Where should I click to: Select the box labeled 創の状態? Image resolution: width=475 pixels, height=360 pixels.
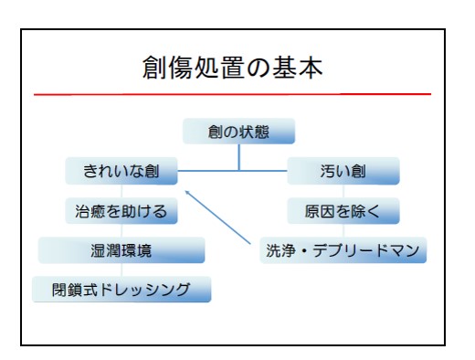pyautogui.click(x=238, y=132)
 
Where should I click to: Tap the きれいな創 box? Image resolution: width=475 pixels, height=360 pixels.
pyautogui.click(x=121, y=170)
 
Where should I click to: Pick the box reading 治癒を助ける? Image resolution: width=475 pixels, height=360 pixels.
pyautogui.click(x=121, y=211)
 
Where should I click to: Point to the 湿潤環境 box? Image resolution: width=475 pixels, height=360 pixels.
pyautogui.click(x=121, y=250)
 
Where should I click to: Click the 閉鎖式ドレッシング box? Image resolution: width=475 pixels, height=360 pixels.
pyautogui.click(x=121, y=290)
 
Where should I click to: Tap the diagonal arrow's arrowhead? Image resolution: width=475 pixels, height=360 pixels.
pyautogui.click(x=186, y=191)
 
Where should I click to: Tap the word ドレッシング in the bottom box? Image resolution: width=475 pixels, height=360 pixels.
pyautogui.click(x=146, y=290)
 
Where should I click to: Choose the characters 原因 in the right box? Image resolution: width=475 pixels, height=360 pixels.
pyautogui.click(x=320, y=211)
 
